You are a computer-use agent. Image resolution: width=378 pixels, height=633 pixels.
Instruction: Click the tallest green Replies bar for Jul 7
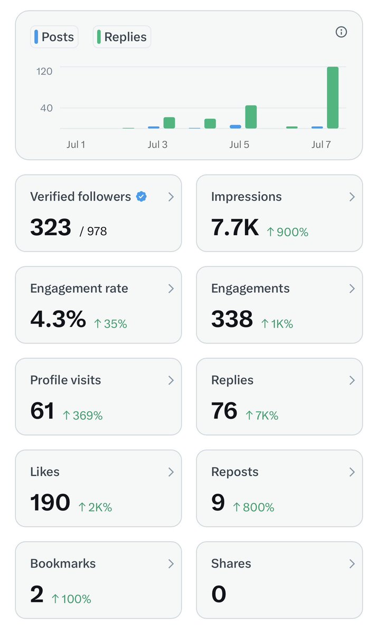click(333, 98)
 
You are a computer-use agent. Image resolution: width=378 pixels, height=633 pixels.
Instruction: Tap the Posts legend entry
click(54, 37)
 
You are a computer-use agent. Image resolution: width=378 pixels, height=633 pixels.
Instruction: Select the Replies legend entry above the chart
click(122, 37)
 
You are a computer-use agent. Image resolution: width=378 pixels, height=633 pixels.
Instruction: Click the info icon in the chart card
click(341, 32)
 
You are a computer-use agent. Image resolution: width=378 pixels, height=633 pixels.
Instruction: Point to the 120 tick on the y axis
click(44, 71)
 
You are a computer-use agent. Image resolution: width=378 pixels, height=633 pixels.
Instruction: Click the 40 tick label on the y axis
click(46, 108)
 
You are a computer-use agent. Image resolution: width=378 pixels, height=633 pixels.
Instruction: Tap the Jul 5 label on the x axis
click(239, 145)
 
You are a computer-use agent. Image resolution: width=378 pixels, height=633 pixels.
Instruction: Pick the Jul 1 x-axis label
click(76, 145)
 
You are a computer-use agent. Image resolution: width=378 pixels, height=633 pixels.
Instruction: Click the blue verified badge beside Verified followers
click(141, 196)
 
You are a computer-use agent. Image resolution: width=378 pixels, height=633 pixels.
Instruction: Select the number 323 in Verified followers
click(51, 227)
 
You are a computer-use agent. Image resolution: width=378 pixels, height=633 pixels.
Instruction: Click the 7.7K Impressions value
click(234, 227)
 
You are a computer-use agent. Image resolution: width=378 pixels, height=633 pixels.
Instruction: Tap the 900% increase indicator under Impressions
click(288, 232)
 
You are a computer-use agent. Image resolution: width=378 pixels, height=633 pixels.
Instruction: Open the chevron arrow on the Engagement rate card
click(171, 289)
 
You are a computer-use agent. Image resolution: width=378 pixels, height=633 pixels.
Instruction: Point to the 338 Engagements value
click(232, 319)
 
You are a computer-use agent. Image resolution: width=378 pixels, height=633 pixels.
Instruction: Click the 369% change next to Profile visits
click(82, 416)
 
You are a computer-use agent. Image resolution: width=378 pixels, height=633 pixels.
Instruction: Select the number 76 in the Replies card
click(224, 410)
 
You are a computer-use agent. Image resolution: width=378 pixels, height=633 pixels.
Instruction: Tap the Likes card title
click(45, 472)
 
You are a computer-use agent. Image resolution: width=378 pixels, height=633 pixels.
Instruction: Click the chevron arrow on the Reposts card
click(352, 472)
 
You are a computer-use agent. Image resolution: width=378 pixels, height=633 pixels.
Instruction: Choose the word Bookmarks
click(63, 563)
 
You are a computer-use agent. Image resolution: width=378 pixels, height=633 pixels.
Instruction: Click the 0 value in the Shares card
click(219, 594)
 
